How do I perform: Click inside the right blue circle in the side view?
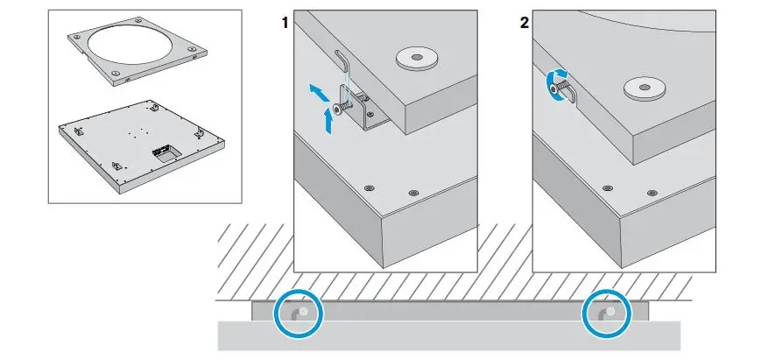coord(605,313)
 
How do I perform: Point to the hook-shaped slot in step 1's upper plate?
coord(344,62)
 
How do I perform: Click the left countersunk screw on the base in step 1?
coord(369,187)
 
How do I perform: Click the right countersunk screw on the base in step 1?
coord(412,193)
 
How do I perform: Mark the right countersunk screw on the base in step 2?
coord(651,193)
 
